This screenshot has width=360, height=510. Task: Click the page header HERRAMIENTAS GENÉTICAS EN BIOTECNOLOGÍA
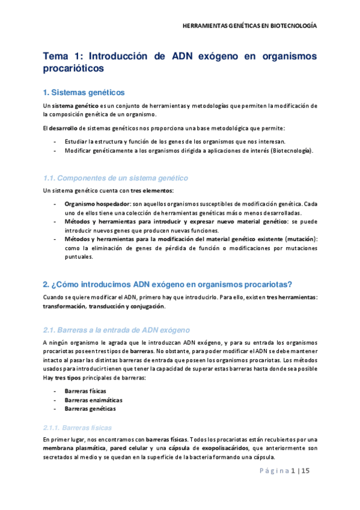point(249,26)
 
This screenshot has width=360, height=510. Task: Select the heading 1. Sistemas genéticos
point(84,93)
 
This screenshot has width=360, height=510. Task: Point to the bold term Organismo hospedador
point(96,204)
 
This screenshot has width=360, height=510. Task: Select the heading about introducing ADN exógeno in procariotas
point(167,284)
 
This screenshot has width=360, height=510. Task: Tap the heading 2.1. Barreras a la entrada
point(117,330)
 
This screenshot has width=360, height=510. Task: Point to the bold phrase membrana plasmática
point(74,448)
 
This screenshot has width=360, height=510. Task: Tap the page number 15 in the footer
point(305,471)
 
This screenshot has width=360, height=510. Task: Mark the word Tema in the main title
point(56,56)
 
